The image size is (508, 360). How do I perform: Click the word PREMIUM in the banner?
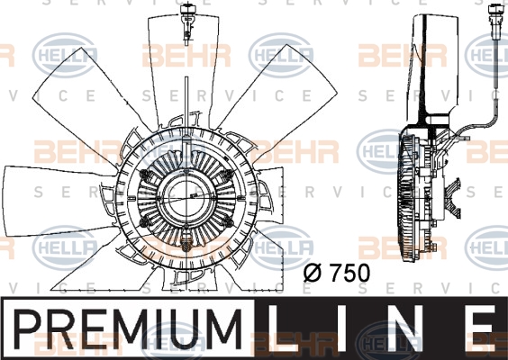[127, 328]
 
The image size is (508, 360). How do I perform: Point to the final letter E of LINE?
[488, 328]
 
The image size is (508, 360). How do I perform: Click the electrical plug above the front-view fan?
[186, 23]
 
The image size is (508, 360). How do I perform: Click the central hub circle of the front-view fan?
[187, 199]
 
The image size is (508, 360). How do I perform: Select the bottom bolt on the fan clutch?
[186, 245]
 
